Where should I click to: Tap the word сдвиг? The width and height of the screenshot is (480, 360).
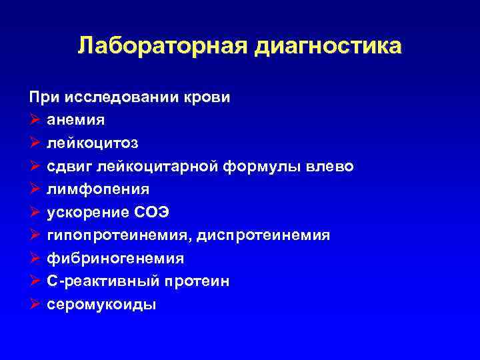(70, 166)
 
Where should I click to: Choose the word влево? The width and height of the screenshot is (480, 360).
(331, 166)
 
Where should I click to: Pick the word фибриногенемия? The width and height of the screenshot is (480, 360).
(115, 258)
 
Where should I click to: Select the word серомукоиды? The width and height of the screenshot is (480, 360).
(101, 304)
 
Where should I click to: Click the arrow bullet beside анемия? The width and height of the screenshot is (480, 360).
(35, 120)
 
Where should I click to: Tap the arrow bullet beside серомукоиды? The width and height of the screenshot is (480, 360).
(35, 304)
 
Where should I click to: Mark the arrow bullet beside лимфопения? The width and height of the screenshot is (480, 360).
(35, 189)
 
